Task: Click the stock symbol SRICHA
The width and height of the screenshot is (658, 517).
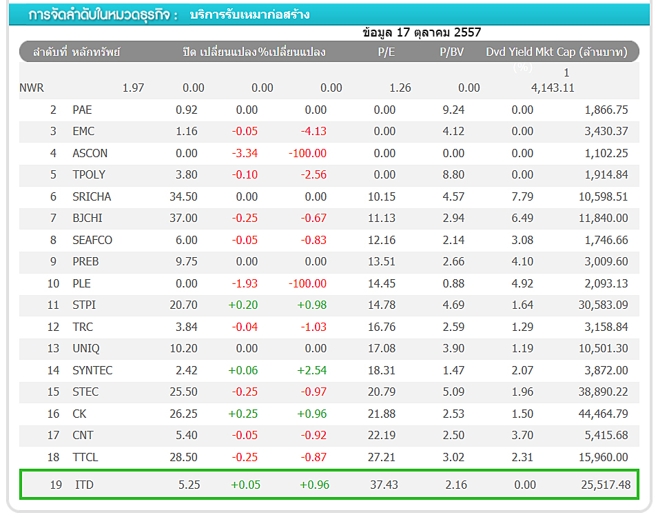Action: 92,196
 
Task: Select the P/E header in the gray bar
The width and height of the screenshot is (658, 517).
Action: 387,52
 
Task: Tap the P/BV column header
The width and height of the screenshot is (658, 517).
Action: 452,52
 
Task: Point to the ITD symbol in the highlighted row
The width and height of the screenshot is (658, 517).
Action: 84,485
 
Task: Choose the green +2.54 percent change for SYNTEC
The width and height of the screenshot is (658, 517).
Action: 312,370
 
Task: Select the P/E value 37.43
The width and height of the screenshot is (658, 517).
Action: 384,485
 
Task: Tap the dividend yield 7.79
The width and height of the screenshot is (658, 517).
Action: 522,196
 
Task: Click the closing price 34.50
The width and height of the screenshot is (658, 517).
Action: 183,196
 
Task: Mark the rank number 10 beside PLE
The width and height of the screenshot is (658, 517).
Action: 54,283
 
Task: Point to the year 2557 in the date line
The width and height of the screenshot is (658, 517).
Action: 467,32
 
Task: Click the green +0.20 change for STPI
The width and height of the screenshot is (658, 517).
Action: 243,305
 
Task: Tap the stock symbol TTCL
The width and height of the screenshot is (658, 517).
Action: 86,457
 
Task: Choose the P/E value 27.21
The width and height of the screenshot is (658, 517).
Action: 382,457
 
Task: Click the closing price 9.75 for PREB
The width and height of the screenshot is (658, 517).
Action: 186,261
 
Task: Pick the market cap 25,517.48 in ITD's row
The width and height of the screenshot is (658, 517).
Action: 606,485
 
